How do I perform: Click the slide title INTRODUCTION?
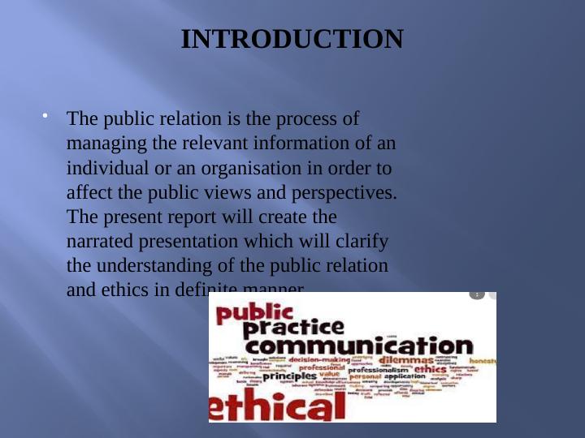click(292, 39)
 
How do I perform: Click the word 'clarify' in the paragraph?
click(362, 242)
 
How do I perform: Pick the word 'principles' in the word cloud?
click(288, 376)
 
